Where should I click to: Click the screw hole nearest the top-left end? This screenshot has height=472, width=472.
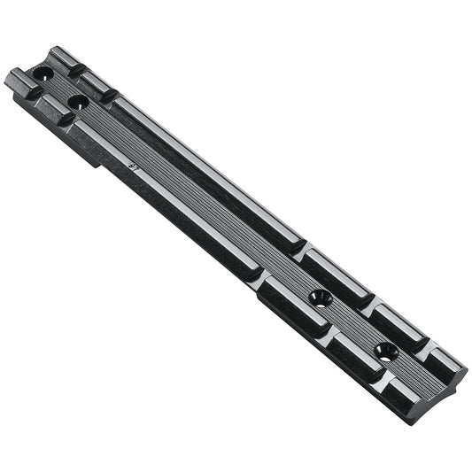[43, 73]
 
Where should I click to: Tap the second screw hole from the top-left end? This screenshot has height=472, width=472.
[78, 102]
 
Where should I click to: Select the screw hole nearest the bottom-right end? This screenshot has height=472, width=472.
[385, 351]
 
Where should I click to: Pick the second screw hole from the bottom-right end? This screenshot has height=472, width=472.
[321, 297]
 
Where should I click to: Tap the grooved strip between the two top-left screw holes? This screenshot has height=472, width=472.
[60, 88]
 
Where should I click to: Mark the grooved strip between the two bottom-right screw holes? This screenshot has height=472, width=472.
[354, 324]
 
